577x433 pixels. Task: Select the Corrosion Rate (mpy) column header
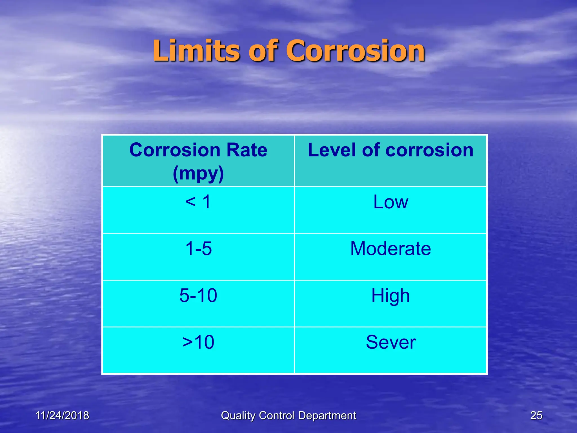[x=198, y=161]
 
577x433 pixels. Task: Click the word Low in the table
[x=390, y=202]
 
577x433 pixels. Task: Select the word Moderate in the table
[x=390, y=249]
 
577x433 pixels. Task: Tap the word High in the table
[x=390, y=296]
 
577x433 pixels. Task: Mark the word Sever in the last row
[x=390, y=342]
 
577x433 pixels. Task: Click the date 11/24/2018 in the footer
[x=62, y=416]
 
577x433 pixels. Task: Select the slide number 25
[x=536, y=416]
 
